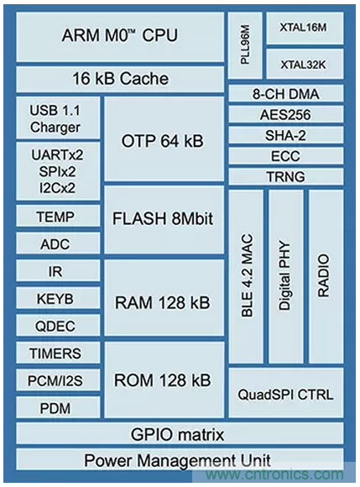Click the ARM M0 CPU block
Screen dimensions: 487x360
click(120, 37)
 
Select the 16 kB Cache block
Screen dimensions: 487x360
click(120, 80)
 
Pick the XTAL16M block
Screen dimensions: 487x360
click(304, 28)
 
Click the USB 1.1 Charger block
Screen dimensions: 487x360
click(56, 118)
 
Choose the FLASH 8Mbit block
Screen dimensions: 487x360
click(163, 220)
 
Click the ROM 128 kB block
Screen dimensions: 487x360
click(163, 380)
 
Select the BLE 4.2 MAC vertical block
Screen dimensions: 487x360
click(245, 276)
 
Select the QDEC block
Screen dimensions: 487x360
click(56, 326)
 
